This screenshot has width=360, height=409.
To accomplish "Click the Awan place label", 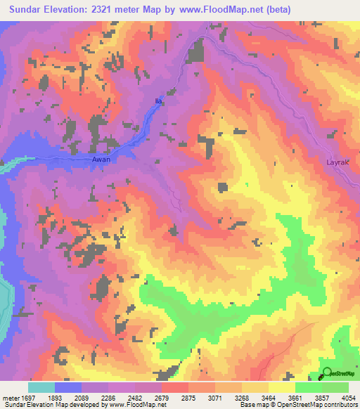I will [101, 160].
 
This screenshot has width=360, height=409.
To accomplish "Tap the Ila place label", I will [158, 102].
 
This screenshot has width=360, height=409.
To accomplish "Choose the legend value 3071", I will [220, 397].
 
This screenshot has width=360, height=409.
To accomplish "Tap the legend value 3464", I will [274, 397].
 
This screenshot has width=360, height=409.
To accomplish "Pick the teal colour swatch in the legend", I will [41, 387].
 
